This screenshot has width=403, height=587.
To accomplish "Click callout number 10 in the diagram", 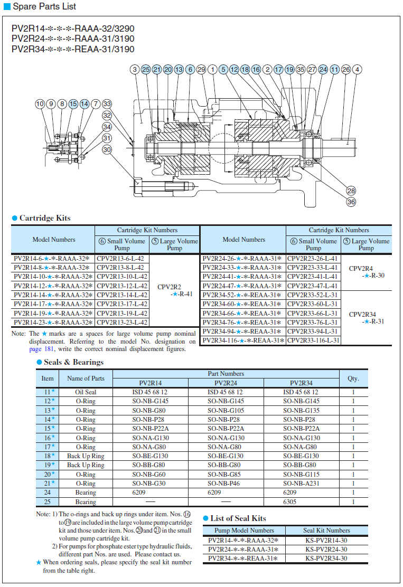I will click(40, 104).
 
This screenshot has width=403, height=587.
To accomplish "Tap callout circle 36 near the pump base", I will click(351, 201).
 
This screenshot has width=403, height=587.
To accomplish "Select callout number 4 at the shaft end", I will click(358, 69).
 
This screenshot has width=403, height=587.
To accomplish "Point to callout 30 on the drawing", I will click(107, 149).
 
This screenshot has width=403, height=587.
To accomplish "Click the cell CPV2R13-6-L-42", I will click(121, 259).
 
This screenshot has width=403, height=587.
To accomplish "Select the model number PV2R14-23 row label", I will click(53, 322).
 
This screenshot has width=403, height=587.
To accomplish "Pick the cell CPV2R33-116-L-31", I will click(313, 340).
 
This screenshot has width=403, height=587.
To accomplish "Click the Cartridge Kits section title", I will click(44, 218).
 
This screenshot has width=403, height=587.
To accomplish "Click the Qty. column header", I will click(353, 378).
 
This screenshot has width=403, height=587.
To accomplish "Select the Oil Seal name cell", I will click(86, 392).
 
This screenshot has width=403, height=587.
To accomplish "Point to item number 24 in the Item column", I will click(48, 493).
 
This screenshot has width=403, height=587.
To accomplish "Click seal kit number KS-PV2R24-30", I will click(326, 549).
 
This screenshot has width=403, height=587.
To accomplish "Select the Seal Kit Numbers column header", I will click(326, 530).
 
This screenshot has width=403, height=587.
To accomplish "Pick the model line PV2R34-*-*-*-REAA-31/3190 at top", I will click(73, 49).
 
